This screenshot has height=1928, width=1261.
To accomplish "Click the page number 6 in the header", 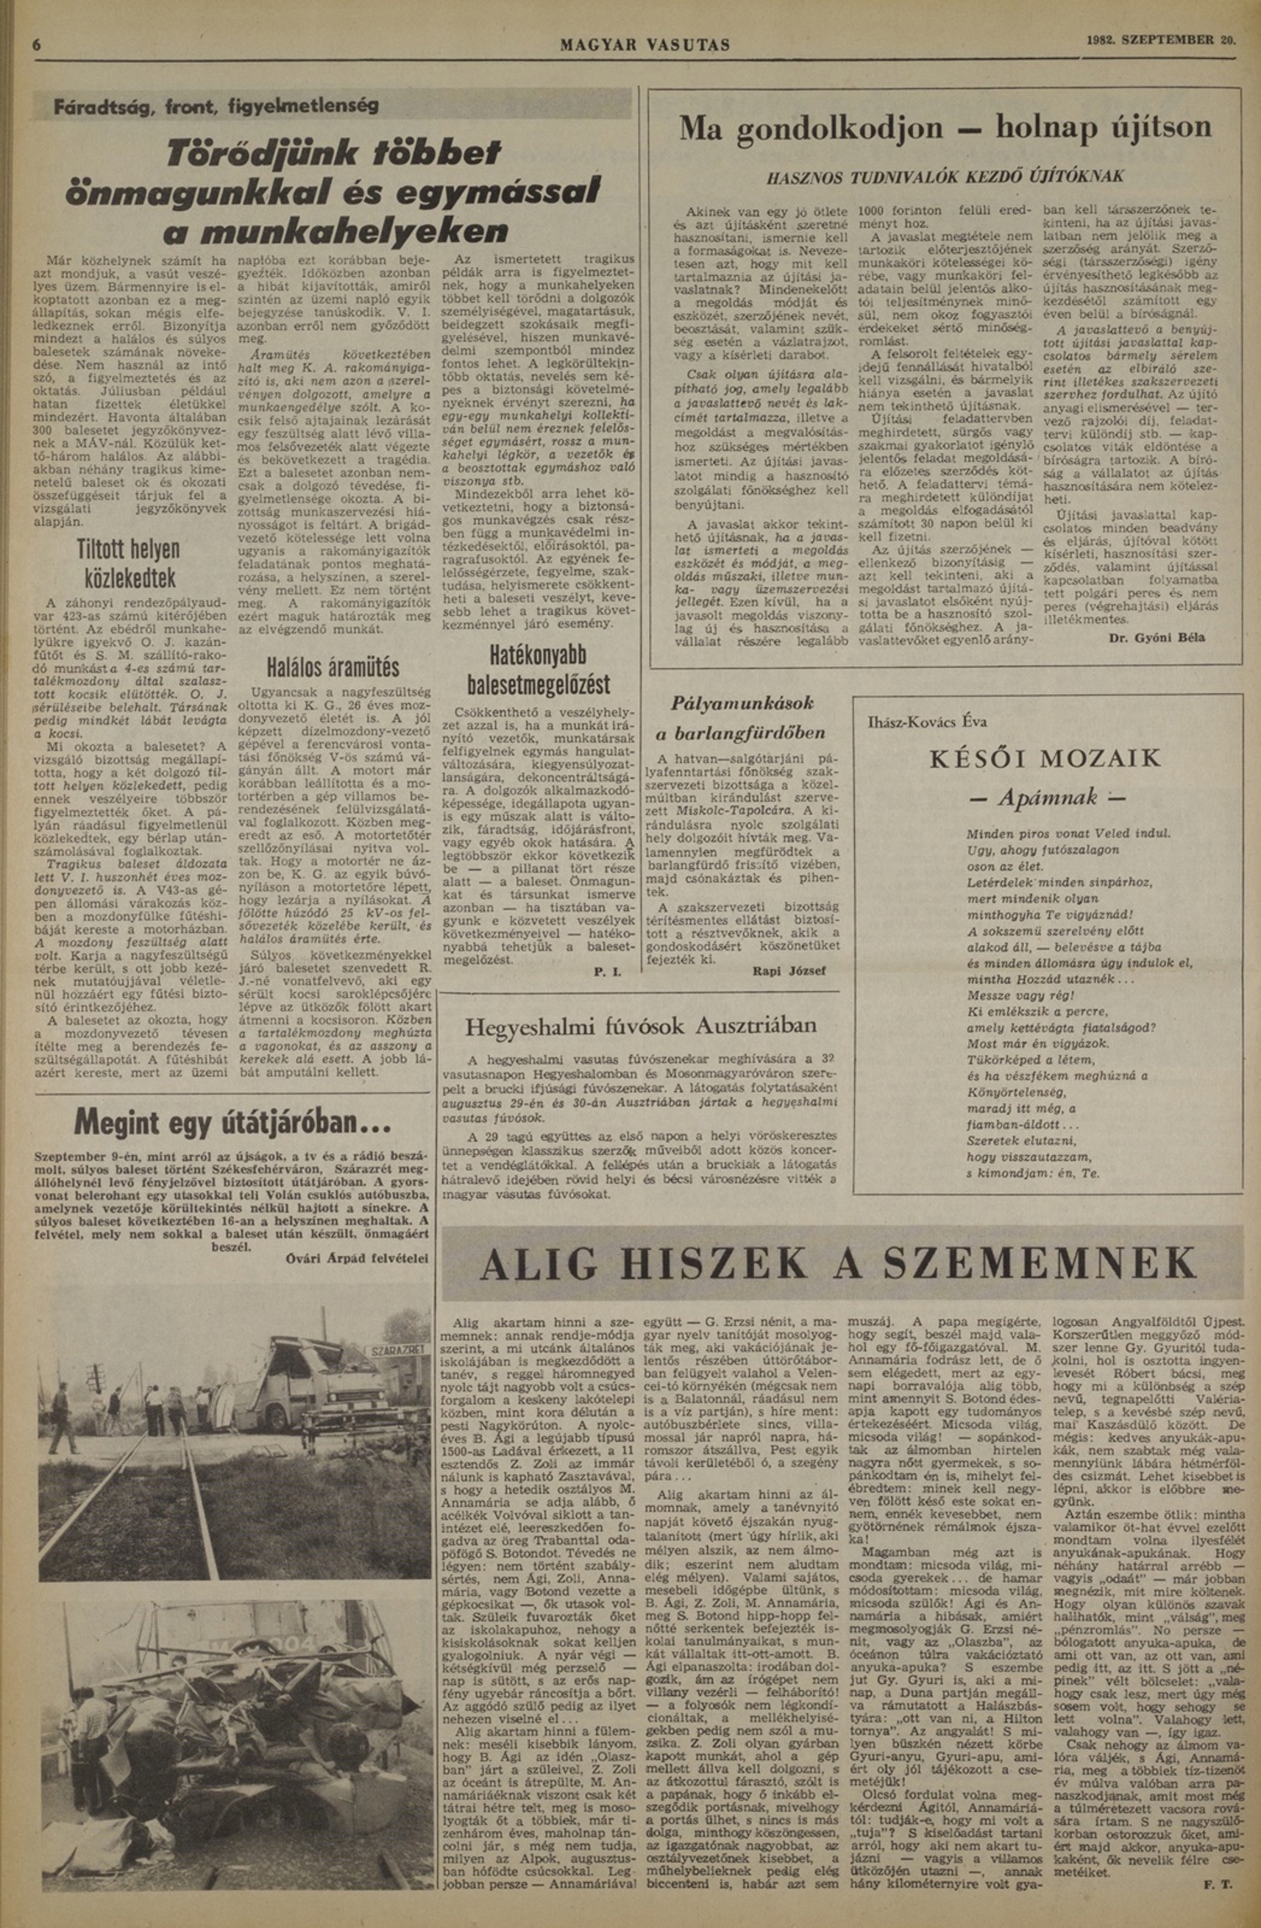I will [37, 44].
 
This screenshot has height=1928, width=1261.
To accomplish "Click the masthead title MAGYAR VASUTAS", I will [645, 45].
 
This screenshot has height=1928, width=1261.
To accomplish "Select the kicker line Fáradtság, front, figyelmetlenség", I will [216, 107].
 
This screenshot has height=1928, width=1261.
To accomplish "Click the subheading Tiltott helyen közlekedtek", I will [129, 564].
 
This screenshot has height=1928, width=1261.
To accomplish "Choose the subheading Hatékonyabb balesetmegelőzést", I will [539, 670].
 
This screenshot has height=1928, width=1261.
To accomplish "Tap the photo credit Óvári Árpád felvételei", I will [351, 1258].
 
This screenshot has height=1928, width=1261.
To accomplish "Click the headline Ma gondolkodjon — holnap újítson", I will [945, 128].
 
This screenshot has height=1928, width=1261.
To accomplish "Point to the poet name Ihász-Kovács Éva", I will [927, 721].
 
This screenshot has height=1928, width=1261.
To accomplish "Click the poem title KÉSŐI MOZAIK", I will [1045, 759].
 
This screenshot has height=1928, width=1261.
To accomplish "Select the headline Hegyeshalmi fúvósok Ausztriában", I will [641, 1025].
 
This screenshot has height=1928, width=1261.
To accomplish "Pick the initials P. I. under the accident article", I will [607, 972].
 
